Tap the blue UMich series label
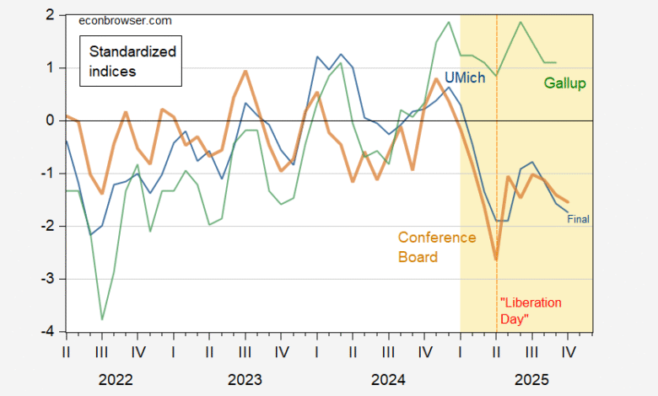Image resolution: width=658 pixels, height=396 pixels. point(436,76)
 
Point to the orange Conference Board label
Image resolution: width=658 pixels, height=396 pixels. point(437,247)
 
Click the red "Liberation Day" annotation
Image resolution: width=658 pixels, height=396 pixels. point(531,310)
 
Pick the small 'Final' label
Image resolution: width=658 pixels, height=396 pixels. point(578,219)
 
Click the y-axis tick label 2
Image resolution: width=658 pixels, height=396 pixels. point(50,15)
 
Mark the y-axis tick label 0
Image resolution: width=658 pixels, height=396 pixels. point(50,120)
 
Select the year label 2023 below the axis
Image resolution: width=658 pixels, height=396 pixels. point(245,380)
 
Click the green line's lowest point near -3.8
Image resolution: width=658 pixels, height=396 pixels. point(102,319)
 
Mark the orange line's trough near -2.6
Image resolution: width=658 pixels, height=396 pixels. point(496,260)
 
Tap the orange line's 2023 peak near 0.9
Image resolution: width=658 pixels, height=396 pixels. point(245,72)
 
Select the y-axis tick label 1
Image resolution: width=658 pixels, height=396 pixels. point(50,67)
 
